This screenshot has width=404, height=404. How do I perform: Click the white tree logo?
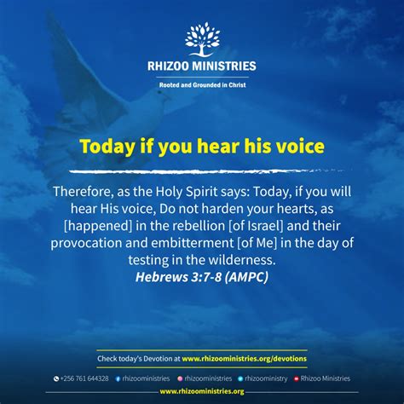[x=202, y=39]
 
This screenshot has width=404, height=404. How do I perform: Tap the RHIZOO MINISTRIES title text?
[x=202, y=66]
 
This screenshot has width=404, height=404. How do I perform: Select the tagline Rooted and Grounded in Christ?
[x=202, y=85]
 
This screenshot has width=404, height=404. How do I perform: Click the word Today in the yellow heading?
[x=107, y=147]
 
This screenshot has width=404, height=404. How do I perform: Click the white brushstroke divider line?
[x=207, y=171]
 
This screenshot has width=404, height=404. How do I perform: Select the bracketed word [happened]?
[x=98, y=226]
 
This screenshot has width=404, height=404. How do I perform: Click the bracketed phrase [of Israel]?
[x=256, y=226]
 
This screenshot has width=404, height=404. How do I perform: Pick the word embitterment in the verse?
[x=192, y=243]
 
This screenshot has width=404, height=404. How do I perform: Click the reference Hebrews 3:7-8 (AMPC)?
[x=202, y=277]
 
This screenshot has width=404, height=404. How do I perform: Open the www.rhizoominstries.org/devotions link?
[x=245, y=359]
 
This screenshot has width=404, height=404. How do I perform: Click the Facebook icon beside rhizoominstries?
[x=118, y=378]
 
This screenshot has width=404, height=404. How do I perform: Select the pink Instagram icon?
[x=180, y=378]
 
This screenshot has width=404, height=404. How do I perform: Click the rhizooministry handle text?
[x=266, y=378]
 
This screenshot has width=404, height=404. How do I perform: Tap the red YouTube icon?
[x=297, y=378]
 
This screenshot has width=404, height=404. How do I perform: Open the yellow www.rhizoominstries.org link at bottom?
[x=202, y=391]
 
